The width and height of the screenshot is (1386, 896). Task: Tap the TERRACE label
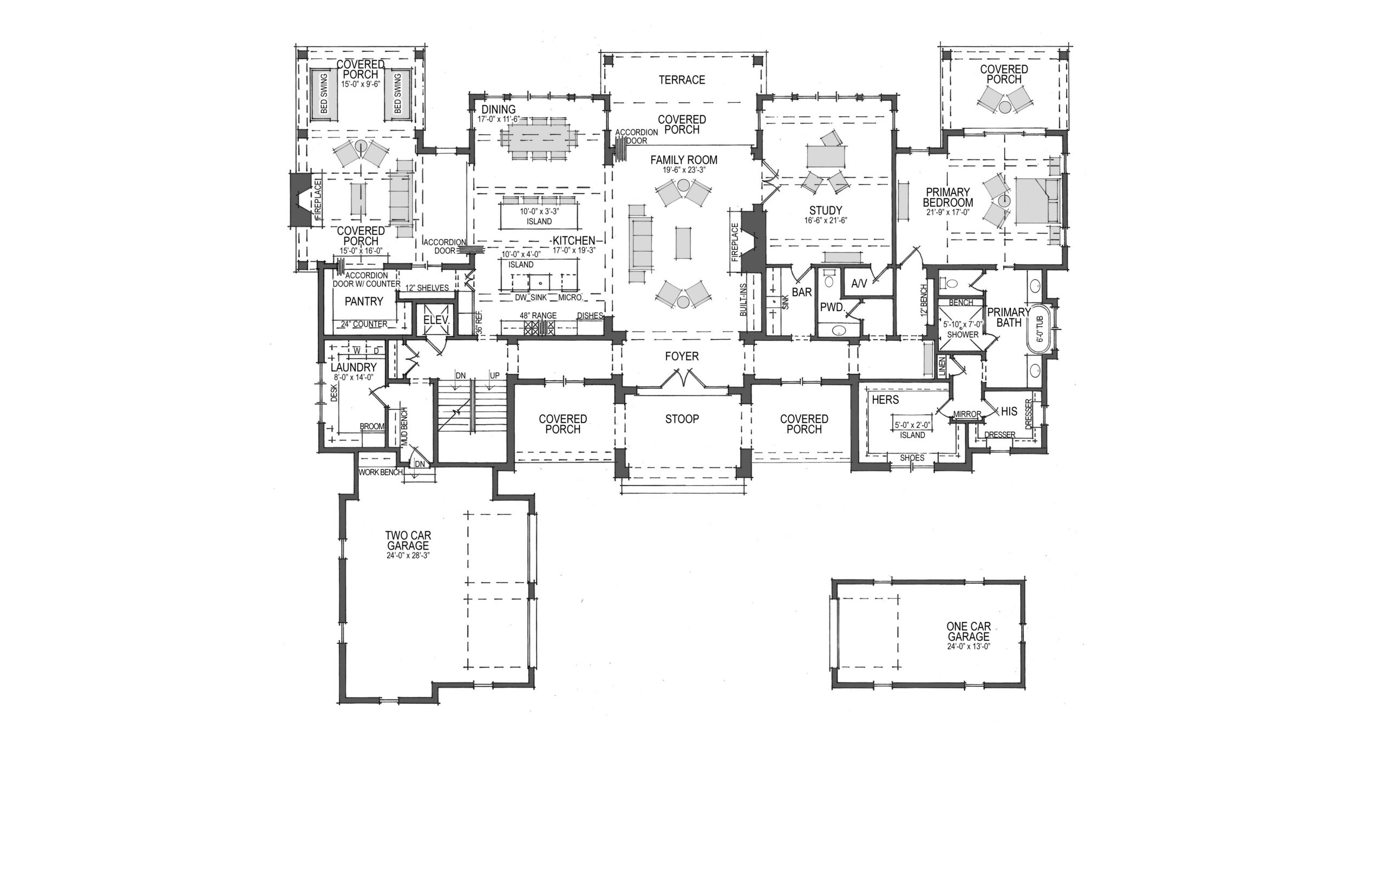(x=682, y=80)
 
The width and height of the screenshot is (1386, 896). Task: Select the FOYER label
(x=682, y=356)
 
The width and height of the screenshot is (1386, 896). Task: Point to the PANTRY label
(x=364, y=301)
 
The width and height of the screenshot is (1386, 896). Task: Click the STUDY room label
(x=826, y=210)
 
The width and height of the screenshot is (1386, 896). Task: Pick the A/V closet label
(x=859, y=284)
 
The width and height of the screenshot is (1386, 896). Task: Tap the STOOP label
(x=682, y=419)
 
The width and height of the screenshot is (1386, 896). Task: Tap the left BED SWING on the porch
(x=324, y=95)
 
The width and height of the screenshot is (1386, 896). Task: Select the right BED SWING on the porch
(x=397, y=95)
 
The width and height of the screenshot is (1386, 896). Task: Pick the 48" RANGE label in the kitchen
(x=538, y=315)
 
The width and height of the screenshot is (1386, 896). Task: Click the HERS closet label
(x=885, y=400)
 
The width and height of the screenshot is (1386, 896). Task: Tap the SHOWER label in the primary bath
(x=963, y=334)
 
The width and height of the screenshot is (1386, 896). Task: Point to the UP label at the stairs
(x=495, y=375)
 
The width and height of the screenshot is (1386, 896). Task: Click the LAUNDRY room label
(x=354, y=368)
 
